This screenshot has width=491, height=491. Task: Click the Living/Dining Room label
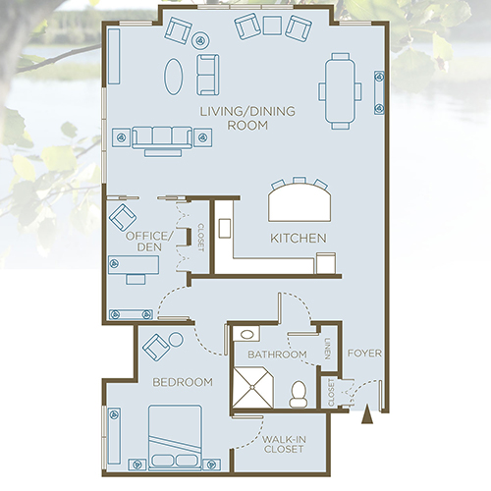pos(237,117)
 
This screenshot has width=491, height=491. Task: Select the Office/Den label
pos(150,242)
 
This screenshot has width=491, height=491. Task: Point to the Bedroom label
pos(183,381)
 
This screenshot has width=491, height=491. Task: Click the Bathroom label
pos(277,354)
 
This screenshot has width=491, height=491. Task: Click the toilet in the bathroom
pos(300,393)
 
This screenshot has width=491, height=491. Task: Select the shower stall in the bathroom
pos(254,386)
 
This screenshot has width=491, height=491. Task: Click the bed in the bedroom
pos(176,436)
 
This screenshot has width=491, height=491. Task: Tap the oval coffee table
pos(174,76)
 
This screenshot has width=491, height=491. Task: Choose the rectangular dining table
pos(335,91)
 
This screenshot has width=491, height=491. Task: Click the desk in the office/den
pos(127,266)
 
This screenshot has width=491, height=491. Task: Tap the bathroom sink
pos(246,335)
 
